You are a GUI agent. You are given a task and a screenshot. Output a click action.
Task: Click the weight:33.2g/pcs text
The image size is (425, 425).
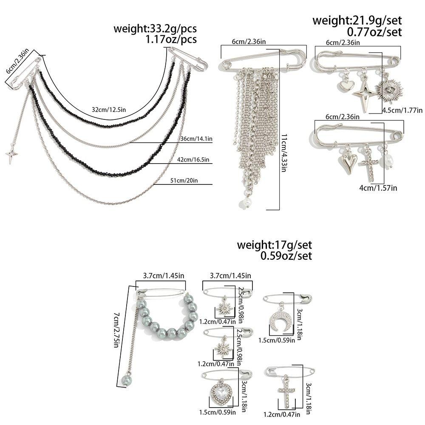155,29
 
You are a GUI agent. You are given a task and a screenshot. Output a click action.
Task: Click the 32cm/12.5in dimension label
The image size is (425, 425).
109,110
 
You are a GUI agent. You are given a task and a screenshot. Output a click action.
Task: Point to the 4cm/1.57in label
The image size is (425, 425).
378,187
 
